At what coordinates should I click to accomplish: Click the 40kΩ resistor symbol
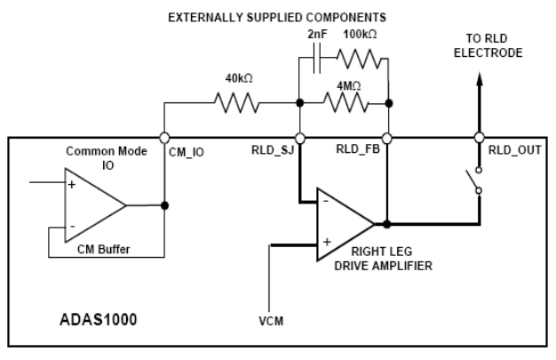237,103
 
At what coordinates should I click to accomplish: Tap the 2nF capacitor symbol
317,58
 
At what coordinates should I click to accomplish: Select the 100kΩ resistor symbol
359,59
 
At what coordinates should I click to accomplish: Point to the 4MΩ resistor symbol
346,103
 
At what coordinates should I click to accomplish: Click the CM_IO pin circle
164,138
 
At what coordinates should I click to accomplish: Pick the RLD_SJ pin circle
300,138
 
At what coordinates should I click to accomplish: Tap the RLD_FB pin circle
387,138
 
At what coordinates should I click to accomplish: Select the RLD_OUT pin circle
480,138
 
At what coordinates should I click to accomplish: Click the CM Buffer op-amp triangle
95,205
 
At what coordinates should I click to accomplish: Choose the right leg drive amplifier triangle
346,224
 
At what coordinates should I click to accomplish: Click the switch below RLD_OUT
474,180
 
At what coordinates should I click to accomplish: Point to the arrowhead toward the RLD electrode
480,79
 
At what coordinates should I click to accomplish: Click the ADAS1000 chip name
99,319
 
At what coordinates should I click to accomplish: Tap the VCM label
271,321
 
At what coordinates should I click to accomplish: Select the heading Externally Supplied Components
277,18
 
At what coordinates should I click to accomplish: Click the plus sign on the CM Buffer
72,185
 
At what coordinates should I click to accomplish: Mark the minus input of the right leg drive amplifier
326,201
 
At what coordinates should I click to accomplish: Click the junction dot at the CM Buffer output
164,205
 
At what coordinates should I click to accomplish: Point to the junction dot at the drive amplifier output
387,224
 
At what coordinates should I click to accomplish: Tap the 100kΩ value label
360,35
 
